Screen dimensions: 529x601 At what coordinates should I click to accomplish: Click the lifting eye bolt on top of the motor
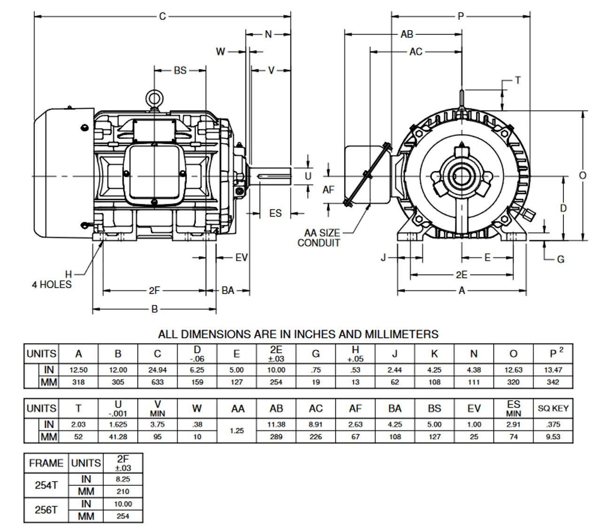tap(153, 98)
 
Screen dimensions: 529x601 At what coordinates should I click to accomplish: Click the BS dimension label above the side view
tap(180, 70)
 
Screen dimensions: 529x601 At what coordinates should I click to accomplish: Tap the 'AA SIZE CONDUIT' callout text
tap(319, 238)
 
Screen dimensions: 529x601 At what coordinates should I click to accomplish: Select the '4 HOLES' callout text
tap(52, 284)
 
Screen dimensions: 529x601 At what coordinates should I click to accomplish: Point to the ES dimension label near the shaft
tap(275, 214)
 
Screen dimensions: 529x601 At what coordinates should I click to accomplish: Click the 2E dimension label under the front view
tap(462, 275)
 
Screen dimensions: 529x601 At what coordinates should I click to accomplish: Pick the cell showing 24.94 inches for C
tap(157, 370)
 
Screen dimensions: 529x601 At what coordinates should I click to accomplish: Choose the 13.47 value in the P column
tap(553, 370)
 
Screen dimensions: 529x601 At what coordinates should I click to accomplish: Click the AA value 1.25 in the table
tap(237, 430)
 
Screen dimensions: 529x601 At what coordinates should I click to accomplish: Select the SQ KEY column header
tap(553, 408)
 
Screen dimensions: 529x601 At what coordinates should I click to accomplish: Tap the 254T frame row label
tap(46, 485)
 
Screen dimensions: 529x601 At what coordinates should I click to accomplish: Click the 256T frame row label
tap(46, 510)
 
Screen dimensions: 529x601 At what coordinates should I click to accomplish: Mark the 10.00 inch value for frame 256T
tap(123, 504)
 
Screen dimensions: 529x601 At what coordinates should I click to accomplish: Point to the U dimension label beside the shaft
tap(308, 176)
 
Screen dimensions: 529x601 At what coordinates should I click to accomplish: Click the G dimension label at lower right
tap(560, 259)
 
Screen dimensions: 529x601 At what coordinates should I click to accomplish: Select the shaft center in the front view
tap(462, 176)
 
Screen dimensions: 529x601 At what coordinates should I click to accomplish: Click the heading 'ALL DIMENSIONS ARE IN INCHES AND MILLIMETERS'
tap(298, 334)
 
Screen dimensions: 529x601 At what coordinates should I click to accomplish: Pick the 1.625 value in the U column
tap(118, 424)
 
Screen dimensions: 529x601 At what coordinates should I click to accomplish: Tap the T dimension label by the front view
tap(517, 80)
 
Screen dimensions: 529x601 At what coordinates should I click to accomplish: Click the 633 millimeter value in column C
tap(157, 382)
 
